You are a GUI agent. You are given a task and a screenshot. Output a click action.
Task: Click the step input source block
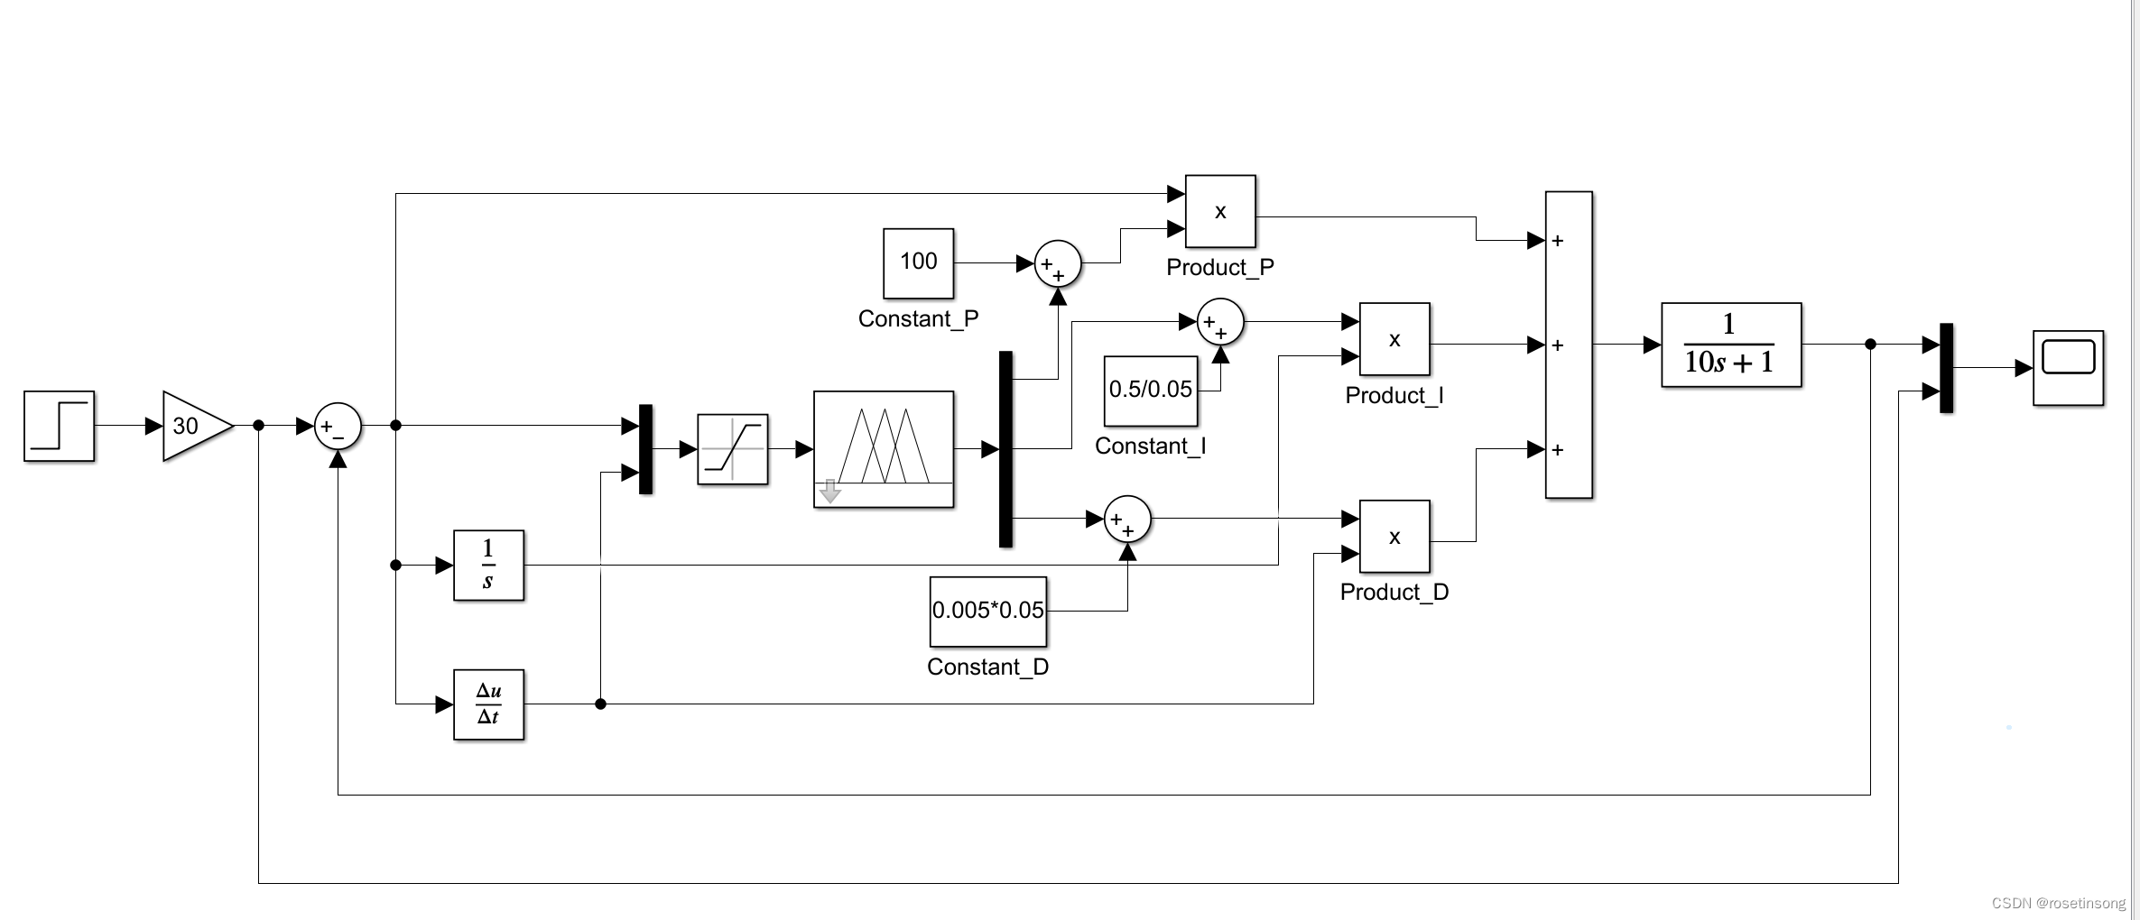(x=59, y=426)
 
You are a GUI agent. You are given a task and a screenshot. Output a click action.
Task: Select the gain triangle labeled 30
(x=191, y=426)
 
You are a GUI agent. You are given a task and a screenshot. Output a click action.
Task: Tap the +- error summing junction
(x=337, y=426)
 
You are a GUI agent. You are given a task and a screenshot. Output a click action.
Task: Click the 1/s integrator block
(x=488, y=566)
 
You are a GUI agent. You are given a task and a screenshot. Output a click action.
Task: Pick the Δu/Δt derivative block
(x=488, y=704)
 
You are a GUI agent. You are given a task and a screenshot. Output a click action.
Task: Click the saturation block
(x=732, y=449)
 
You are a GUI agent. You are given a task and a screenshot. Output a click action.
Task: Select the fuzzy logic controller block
(x=883, y=449)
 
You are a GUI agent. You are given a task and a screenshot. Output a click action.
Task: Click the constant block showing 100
(x=918, y=262)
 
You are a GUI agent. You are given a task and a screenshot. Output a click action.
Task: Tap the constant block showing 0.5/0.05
(x=1150, y=391)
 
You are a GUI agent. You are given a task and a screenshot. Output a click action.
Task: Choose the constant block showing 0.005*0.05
(x=987, y=612)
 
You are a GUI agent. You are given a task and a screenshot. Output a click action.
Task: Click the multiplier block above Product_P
(x=1219, y=211)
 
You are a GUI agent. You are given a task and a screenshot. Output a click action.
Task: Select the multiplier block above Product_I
(x=1394, y=339)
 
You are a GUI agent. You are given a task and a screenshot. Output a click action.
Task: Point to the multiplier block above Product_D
(x=1394, y=537)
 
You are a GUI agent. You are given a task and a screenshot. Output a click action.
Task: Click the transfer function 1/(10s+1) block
(x=1730, y=345)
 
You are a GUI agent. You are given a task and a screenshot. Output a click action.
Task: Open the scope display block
(x=2067, y=367)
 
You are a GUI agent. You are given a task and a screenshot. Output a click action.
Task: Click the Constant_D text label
(x=987, y=667)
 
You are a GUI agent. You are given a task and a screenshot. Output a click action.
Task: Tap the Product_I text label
(x=1394, y=395)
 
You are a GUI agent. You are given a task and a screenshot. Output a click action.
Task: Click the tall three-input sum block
(x=1569, y=345)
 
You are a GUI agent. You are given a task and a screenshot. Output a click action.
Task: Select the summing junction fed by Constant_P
(x=1057, y=263)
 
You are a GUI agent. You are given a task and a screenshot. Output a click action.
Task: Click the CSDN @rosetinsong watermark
(x=2058, y=903)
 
